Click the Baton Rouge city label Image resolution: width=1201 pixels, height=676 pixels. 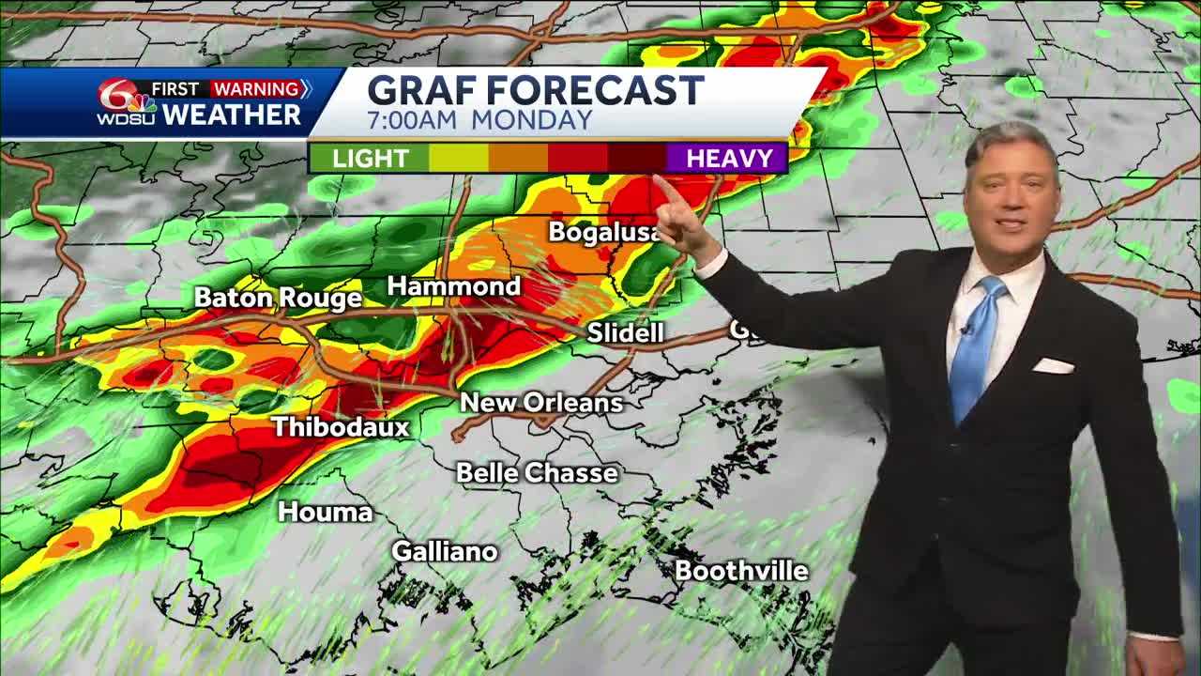point(278,299)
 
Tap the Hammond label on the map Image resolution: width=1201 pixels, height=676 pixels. point(454,286)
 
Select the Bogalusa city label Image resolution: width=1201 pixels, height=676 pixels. point(604,232)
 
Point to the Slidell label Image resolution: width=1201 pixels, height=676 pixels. point(625,332)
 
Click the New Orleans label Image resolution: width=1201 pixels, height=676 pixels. point(541,403)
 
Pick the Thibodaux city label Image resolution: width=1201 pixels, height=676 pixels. point(341,427)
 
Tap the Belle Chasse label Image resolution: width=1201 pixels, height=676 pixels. point(537,472)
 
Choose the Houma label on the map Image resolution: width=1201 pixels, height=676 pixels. point(326,512)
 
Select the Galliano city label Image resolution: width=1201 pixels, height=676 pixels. point(444,551)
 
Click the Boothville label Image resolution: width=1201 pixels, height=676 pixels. point(741,570)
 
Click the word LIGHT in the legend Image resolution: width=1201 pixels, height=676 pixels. point(371,158)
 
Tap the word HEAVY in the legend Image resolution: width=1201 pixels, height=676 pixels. point(729,158)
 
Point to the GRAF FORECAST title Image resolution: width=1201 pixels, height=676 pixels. point(535,90)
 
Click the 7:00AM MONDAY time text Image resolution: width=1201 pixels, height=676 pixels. point(479,120)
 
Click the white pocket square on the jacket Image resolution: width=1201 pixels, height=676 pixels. point(1053,365)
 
